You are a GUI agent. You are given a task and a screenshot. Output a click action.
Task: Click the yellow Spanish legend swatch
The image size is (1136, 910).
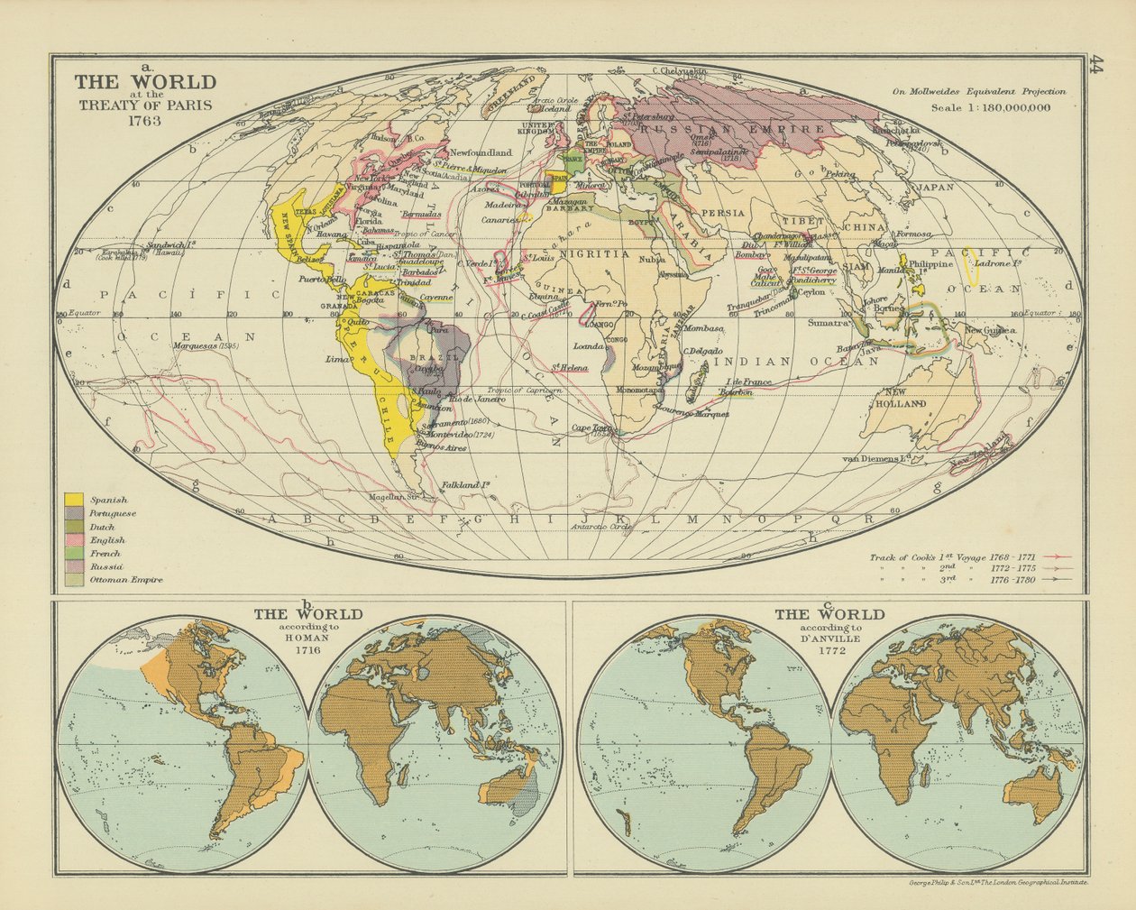click(x=74, y=499)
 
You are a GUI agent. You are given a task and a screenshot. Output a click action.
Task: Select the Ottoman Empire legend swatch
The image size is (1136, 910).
click(x=74, y=579)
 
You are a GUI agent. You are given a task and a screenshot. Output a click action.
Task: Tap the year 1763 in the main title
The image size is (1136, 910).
click(x=145, y=120)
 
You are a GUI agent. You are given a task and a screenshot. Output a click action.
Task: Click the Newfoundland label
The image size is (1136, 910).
click(x=480, y=152)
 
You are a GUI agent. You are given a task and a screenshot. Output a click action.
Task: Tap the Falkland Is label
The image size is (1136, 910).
click(x=465, y=485)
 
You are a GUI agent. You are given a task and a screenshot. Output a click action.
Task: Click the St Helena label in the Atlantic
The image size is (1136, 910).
click(x=572, y=368)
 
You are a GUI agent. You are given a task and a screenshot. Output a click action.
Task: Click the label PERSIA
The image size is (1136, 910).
click(x=723, y=213)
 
